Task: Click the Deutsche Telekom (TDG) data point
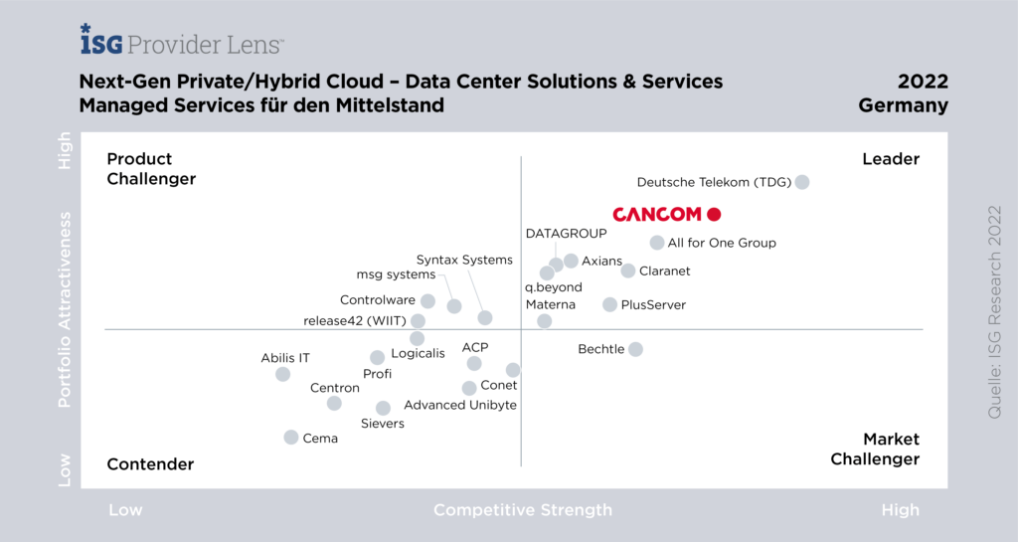pos(802,182)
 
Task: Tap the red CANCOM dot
pos(713,214)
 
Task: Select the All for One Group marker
pos(657,243)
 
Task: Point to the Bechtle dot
pos(635,349)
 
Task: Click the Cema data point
pos(291,438)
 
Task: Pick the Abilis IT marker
pos(283,374)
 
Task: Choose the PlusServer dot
pos(610,304)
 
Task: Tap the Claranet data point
pos(628,271)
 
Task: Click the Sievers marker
pos(383,408)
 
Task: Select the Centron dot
pos(334,403)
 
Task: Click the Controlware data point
pos(427,300)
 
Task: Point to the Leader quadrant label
pos(891,159)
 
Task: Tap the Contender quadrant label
pos(150,464)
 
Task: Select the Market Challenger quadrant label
pos(876,450)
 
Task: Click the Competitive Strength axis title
pos(523,510)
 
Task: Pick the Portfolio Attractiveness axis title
pos(66,308)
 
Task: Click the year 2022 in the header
pos(923,82)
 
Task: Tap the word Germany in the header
pos(904,105)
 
